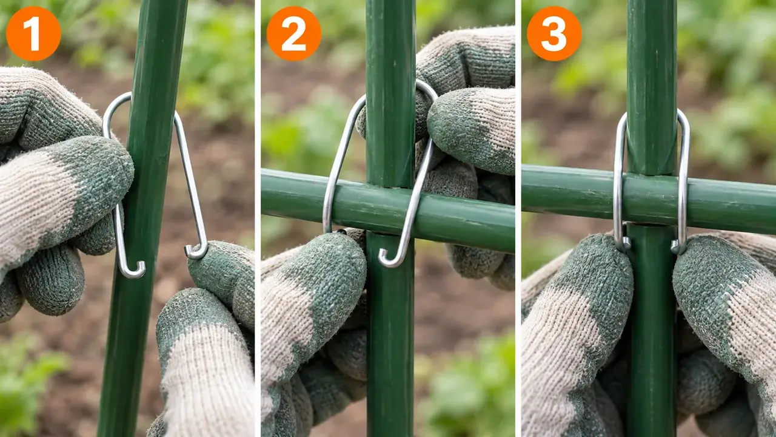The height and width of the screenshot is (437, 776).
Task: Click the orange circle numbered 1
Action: [x=33, y=33]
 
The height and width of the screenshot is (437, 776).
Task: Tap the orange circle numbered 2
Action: [x=294, y=33]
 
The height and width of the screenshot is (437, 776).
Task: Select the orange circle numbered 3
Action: [x=554, y=33]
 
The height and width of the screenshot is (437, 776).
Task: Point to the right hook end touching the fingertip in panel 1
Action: [x=196, y=252]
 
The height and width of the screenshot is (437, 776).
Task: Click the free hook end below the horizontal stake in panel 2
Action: [x=389, y=259]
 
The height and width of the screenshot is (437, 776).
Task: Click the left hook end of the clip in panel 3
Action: [x=624, y=243]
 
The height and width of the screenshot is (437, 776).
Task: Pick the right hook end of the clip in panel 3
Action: [x=678, y=246]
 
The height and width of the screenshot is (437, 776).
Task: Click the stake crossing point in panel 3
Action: [x=651, y=200]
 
